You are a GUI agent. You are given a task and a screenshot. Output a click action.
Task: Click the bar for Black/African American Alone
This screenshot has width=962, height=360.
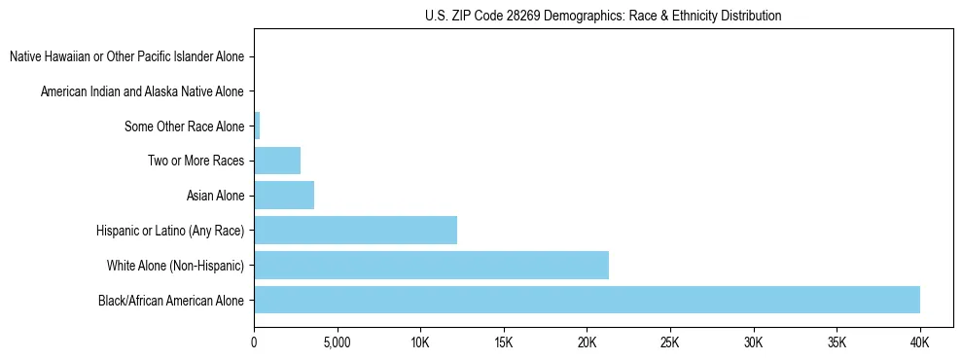pyautogui.click(x=587, y=300)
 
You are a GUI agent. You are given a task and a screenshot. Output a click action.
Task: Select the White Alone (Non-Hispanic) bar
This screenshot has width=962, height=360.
pyautogui.click(x=431, y=265)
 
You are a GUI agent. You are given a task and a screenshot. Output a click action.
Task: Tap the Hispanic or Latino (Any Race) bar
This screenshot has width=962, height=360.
pyautogui.click(x=355, y=231)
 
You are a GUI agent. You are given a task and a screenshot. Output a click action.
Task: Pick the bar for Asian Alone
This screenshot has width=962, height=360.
pyautogui.click(x=284, y=196)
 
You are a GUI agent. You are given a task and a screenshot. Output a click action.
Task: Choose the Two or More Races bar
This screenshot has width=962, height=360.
pyautogui.click(x=277, y=161)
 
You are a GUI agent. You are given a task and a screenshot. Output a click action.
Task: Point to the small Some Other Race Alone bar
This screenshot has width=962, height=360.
pyautogui.click(x=257, y=126)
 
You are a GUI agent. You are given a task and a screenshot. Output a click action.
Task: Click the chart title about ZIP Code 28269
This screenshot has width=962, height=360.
pyautogui.click(x=603, y=16)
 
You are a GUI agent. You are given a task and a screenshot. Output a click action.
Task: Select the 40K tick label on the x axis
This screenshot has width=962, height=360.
pyautogui.click(x=919, y=343)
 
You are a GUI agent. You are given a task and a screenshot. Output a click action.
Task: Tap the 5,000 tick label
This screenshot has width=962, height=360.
pyautogui.click(x=337, y=343)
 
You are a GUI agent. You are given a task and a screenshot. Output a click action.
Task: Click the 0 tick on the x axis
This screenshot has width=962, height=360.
pyautogui.click(x=254, y=343)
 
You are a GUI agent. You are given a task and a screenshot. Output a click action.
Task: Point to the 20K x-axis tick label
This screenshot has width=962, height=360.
pyautogui.click(x=587, y=343)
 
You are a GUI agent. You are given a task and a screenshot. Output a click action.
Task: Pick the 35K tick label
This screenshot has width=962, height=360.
pyautogui.click(x=837, y=343)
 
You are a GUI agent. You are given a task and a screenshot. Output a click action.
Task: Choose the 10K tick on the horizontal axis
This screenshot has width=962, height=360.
pyautogui.click(x=420, y=343)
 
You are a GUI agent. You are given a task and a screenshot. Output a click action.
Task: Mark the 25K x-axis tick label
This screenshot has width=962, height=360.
pyautogui.click(x=670, y=343)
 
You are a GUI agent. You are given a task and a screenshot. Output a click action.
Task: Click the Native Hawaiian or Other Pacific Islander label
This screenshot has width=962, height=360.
pyautogui.click(x=126, y=56)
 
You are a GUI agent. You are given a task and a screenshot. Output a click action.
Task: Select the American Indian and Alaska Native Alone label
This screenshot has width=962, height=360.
pyautogui.click(x=142, y=91)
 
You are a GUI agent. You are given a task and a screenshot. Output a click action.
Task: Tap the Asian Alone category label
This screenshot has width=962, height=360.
pyautogui.click(x=215, y=196)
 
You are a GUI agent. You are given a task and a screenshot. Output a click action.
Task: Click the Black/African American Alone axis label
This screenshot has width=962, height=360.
pyautogui.click(x=171, y=300)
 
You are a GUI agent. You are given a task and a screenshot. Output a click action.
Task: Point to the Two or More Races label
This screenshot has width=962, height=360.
pyautogui.click(x=196, y=161)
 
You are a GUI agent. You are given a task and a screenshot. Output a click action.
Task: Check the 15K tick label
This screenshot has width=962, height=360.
pyautogui.click(x=504, y=343)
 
